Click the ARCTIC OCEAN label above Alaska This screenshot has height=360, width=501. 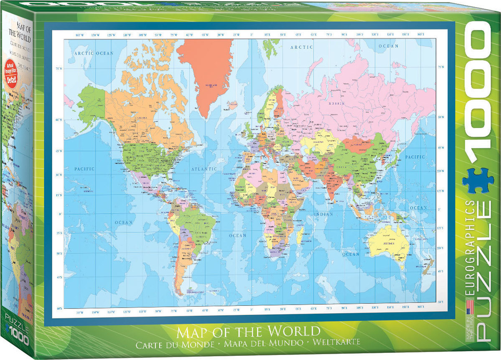click(94, 53)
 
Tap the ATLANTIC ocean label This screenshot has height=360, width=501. click(204, 169)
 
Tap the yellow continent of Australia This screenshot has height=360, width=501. click(389, 244)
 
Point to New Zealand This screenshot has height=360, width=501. click(428, 267)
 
